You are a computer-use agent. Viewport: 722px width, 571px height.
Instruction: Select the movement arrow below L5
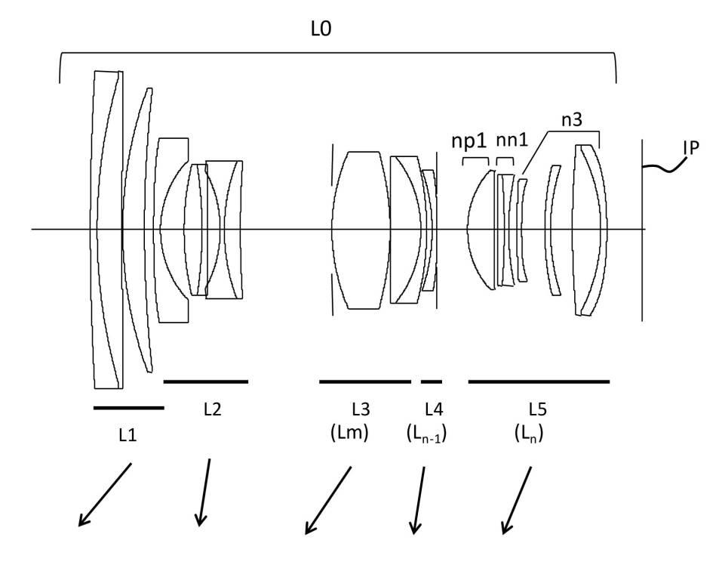coord(517,498)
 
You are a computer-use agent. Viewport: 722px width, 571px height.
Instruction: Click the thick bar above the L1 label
coord(128,408)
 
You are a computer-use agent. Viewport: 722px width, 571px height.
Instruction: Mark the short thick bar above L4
coord(431,381)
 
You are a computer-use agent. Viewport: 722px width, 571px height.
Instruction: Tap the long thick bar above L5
coord(539,381)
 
